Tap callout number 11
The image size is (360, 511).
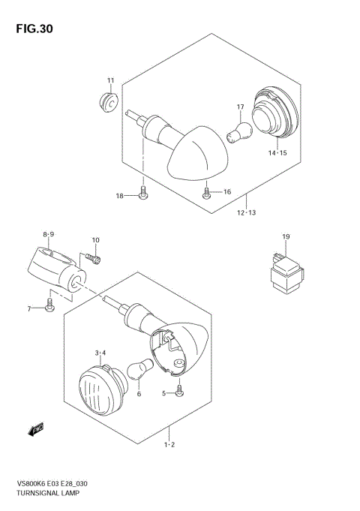[x=110, y=81]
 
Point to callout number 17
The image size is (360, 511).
[x=241, y=107]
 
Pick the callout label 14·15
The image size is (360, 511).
[x=277, y=152]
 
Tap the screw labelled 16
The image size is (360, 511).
[x=207, y=193]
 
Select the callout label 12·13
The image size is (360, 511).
[x=247, y=213]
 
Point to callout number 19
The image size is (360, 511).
[x=286, y=237]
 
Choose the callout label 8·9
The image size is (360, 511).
[x=48, y=234]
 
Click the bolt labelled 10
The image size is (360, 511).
[x=91, y=259]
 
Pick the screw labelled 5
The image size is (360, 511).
[x=180, y=392]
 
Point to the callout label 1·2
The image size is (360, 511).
[x=170, y=446]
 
